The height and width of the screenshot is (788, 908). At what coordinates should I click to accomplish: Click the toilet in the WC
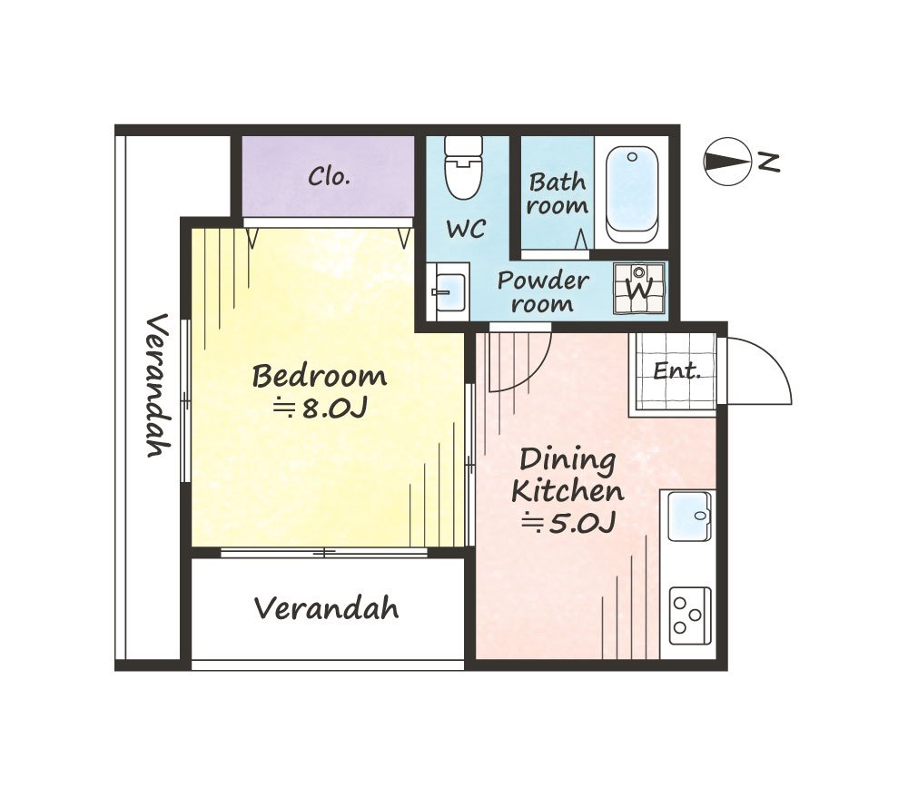463,168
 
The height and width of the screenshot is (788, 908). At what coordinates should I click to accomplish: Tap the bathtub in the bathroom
632,194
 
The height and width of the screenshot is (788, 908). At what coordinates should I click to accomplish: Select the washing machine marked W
638,288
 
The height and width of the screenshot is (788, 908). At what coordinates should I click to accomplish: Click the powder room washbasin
448,291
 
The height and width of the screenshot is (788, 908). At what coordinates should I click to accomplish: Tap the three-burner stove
690,616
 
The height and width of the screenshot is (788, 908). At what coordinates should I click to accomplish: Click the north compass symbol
727,162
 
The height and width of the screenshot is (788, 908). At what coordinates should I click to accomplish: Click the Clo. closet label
329,176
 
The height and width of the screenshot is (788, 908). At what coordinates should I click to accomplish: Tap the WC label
466,230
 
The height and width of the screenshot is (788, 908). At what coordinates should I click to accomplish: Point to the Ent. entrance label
677,370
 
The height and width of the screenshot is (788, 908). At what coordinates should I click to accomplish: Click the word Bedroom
319,377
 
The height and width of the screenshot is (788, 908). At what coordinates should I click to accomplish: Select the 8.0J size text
321,409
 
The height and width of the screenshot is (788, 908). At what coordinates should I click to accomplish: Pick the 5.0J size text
568,524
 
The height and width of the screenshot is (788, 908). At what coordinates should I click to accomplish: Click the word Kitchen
567,491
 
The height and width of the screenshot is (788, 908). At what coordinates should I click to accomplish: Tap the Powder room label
543,291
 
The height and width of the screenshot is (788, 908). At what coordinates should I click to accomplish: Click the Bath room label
558,193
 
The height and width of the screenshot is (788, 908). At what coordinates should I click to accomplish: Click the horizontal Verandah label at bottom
327,608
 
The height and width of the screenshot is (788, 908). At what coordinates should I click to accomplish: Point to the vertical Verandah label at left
157,385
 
